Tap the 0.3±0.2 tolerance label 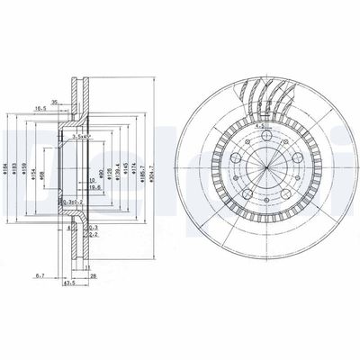69,203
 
